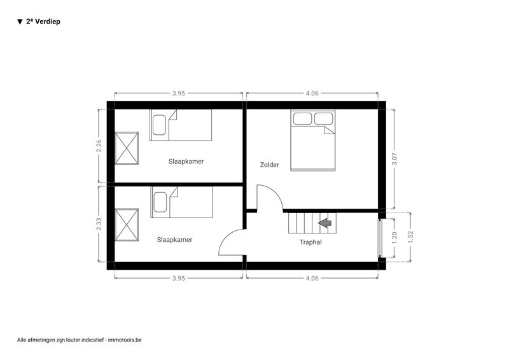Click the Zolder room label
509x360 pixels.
269,165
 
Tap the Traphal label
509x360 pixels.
310,242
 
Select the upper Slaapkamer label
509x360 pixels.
186,162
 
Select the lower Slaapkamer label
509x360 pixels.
174,240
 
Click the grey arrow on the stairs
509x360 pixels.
324,223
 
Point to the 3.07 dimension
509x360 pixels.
394,159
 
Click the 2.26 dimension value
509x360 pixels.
99,146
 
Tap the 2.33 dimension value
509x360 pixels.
99,224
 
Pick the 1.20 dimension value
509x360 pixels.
394,238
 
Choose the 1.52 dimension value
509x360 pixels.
410,237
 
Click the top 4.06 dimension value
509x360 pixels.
312,93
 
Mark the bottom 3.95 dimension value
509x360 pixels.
179,278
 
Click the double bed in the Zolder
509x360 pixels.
312,140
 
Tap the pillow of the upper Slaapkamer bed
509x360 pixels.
159,125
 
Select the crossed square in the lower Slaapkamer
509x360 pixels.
127,225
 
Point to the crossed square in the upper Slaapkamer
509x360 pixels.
127,148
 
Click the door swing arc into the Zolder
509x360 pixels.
275,192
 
